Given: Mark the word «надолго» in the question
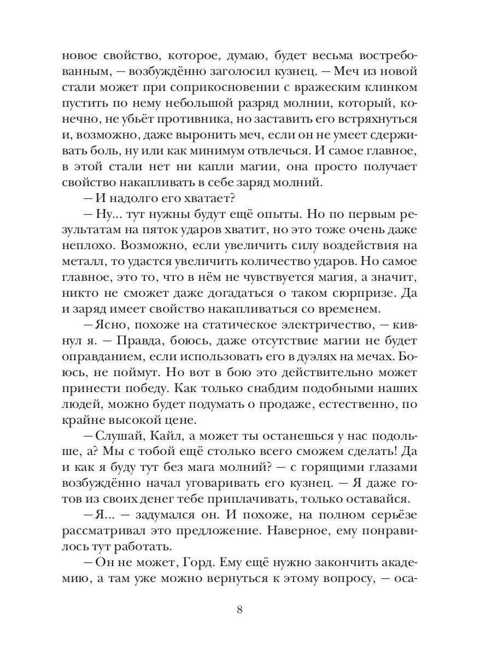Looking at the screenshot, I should [x=127, y=198].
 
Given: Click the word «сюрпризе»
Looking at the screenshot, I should [x=359, y=293].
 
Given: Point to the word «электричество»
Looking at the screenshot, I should [x=323, y=325].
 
